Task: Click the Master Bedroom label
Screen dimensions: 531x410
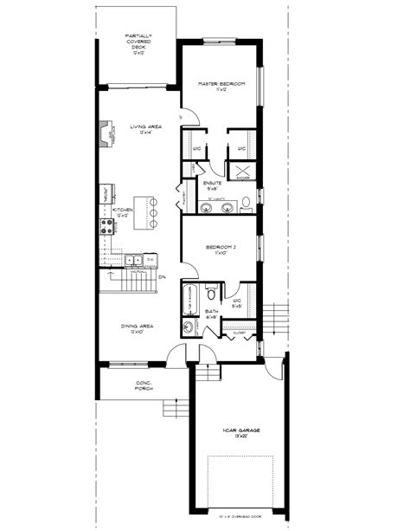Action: [x=221, y=84]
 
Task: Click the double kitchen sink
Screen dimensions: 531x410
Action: [x=132, y=259]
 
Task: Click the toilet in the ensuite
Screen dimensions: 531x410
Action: [x=246, y=204]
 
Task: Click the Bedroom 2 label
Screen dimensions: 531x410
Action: [x=221, y=248]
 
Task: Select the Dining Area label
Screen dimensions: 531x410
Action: [x=136, y=327]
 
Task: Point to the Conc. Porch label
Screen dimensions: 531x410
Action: [x=143, y=385]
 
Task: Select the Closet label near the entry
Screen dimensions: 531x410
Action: [x=239, y=333]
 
